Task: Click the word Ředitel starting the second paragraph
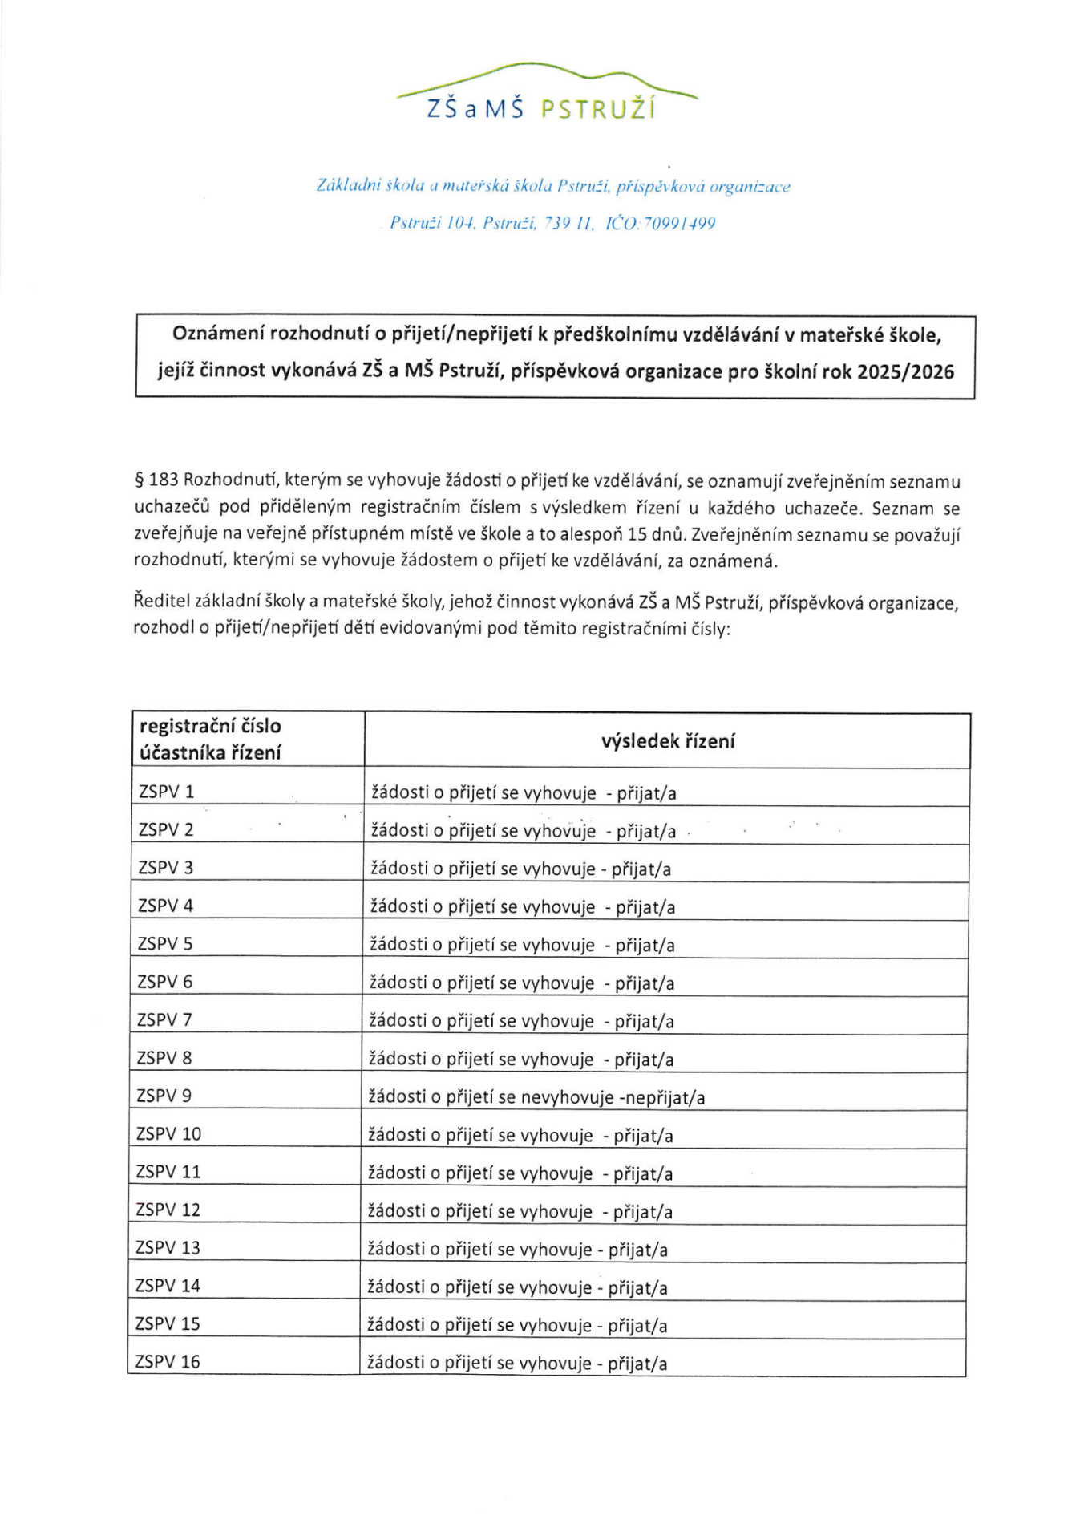[x=162, y=602]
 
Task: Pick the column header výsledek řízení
[x=667, y=741]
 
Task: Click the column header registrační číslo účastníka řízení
[x=210, y=739]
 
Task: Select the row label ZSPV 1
[x=167, y=792]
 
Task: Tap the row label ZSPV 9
[x=164, y=1096]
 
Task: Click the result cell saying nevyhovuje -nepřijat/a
[x=536, y=1097]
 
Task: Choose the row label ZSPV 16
[x=168, y=1361]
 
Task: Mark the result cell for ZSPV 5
[x=522, y=945]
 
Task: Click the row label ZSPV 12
[x=168, y=1210]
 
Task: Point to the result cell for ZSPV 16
[x=517, y=1363]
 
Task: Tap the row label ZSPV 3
[x=166, y=867]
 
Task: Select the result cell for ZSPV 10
[x=520, y=1135]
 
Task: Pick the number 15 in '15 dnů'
[x=637, y=534]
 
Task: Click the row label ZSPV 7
[x=164, y=1019]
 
